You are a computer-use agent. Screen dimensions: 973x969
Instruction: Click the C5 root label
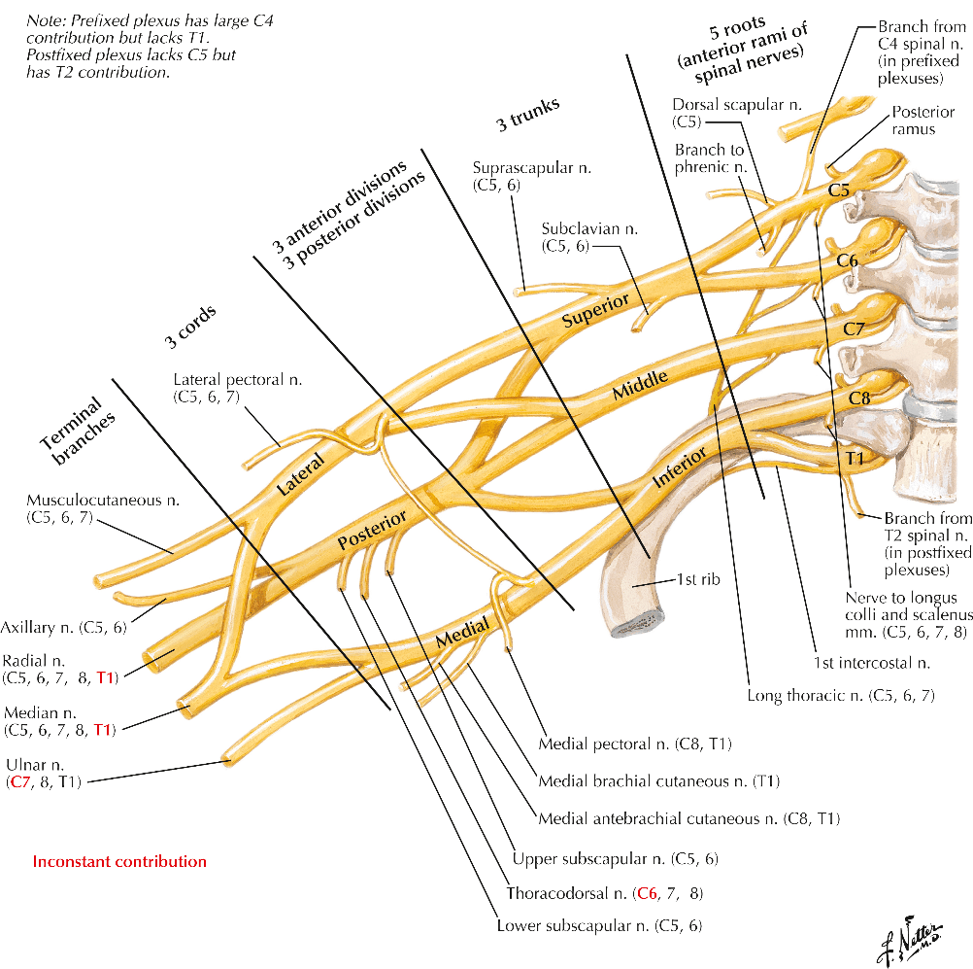(838, 190)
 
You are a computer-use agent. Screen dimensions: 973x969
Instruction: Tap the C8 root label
(859, 398)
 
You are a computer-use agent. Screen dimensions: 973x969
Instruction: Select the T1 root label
(855, 459)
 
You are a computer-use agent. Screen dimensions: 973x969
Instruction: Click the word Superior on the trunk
(595, 310)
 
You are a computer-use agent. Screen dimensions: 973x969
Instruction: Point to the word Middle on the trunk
(640, 385)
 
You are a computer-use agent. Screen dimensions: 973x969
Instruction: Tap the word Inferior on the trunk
(680, 467)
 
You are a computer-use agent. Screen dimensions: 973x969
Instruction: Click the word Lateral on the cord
(300, 474)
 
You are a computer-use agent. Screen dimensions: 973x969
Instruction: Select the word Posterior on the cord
(372, 530)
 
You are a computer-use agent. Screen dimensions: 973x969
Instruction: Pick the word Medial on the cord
(462, 632)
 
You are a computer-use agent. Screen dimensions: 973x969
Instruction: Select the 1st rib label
(698, 579)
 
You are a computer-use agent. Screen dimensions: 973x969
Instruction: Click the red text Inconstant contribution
(119, 861)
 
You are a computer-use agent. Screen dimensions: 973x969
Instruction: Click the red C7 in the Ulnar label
(19, 782)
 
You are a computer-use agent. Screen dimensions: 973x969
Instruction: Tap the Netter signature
(910, 940)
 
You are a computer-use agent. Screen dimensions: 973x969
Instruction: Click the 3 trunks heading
(528, 115)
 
